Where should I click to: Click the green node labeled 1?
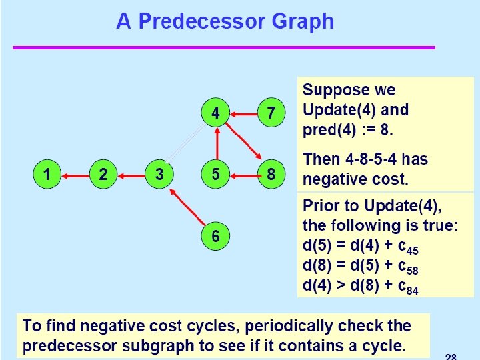tap(47, 175)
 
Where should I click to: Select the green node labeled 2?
tap(103, 175)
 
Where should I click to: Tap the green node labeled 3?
tap(159, 175)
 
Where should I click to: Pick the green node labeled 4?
tap(215, 113)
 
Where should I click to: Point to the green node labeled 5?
tap(215, 175)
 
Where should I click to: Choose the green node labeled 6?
tap(215, 237)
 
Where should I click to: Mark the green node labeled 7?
tap(271, 113)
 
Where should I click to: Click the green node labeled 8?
tap(271, 175)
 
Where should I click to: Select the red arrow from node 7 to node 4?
tap(243, 114)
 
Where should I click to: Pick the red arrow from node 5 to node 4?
tap(215, 144)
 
